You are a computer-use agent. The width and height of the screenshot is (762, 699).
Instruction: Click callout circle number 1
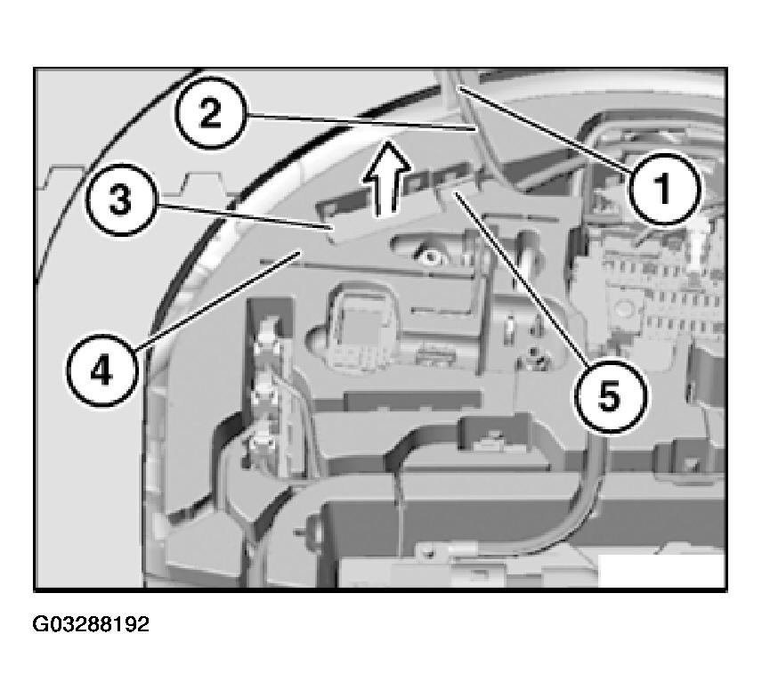point(665,188)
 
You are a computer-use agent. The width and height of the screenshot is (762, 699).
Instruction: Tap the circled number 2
point(210,113)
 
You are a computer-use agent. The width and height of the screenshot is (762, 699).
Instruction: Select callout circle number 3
point(120,200)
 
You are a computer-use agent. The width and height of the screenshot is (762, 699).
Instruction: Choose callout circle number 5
point(611,395)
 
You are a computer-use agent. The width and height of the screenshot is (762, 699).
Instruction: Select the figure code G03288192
point(91,624)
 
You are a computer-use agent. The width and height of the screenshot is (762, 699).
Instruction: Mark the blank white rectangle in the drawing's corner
point(662,570)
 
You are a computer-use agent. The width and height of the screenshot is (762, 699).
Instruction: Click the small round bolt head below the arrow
point(430,256)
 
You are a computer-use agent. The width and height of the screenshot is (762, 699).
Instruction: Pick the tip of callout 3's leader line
point(332,226)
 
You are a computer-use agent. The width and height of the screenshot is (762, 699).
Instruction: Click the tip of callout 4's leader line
point(300,252)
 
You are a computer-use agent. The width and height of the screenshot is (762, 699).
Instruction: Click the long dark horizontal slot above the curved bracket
point(412,400)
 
